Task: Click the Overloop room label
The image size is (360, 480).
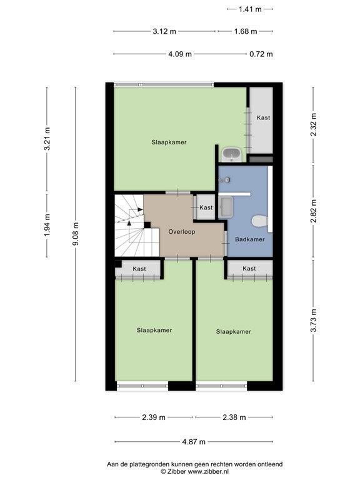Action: tap(181, 232)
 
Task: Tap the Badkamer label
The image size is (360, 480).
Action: tap(250, 239)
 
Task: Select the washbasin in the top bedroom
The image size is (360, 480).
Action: tap(232, 154)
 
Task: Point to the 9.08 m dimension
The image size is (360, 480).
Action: tap(76, 234)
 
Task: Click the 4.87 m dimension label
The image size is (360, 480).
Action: tap(194, 442)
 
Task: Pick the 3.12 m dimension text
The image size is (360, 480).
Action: tap(164, 31)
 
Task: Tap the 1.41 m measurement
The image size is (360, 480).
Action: tap(250, 9)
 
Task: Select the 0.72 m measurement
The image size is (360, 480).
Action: tap(261, 54)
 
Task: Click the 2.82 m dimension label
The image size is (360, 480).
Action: tap(313, 211)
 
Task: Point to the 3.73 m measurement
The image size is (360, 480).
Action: tap(313, 321)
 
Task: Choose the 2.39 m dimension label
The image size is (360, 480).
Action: tap(154, 417)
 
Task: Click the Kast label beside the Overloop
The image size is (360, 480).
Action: tap(206, 207)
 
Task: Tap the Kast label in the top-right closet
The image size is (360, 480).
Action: tap(263, 117)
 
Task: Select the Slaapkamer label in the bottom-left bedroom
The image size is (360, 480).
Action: tap(154, 330)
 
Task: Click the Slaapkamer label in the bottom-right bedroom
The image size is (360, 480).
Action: tap(234, 331)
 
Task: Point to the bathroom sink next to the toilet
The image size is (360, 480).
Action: tap(226, 207)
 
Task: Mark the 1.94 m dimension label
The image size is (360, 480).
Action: tap(47, 225)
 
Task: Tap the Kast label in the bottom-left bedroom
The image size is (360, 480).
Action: tap(139, 269)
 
